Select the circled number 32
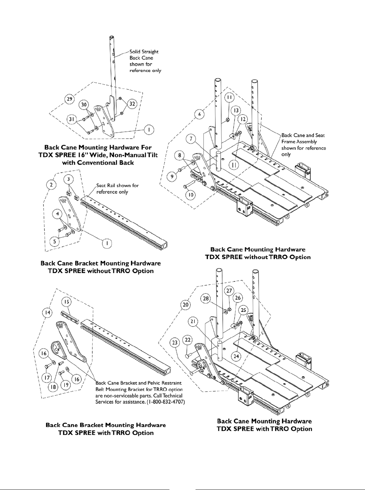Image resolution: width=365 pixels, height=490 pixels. [x=132, y=104]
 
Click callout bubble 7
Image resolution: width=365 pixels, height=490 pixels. [x=192, y=139]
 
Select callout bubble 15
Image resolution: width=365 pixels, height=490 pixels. [x=67, y=301]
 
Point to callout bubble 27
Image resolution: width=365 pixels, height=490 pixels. [x=229, y=291]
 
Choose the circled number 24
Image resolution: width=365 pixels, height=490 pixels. [x=236, y=356]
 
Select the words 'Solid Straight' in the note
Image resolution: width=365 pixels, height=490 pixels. [x=144, y=52]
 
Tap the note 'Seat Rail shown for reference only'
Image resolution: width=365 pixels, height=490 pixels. [x=117, y=189]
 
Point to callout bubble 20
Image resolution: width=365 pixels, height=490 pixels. [x=185, y=305]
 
